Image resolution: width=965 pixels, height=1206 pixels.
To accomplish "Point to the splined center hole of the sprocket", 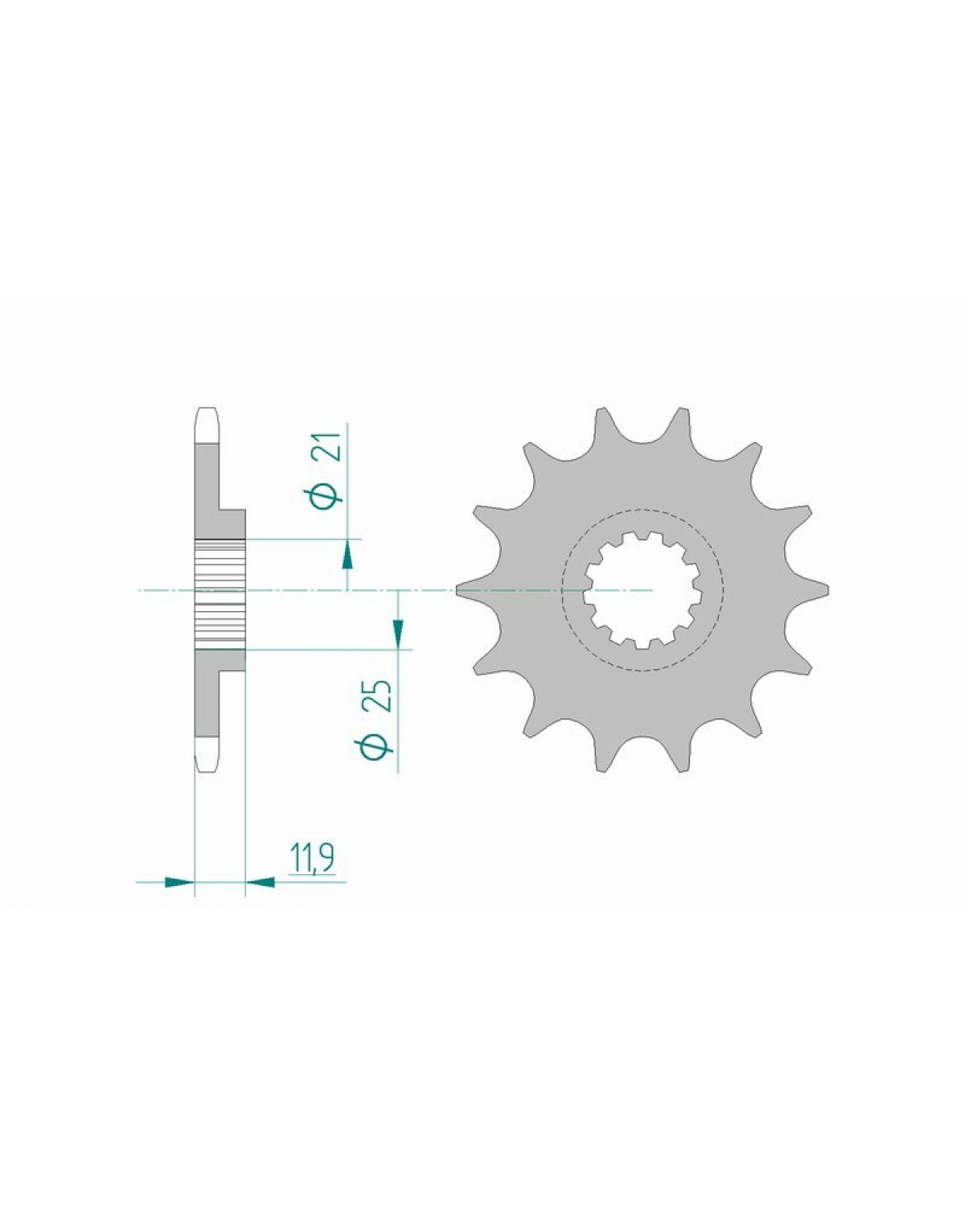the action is (643, 589).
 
